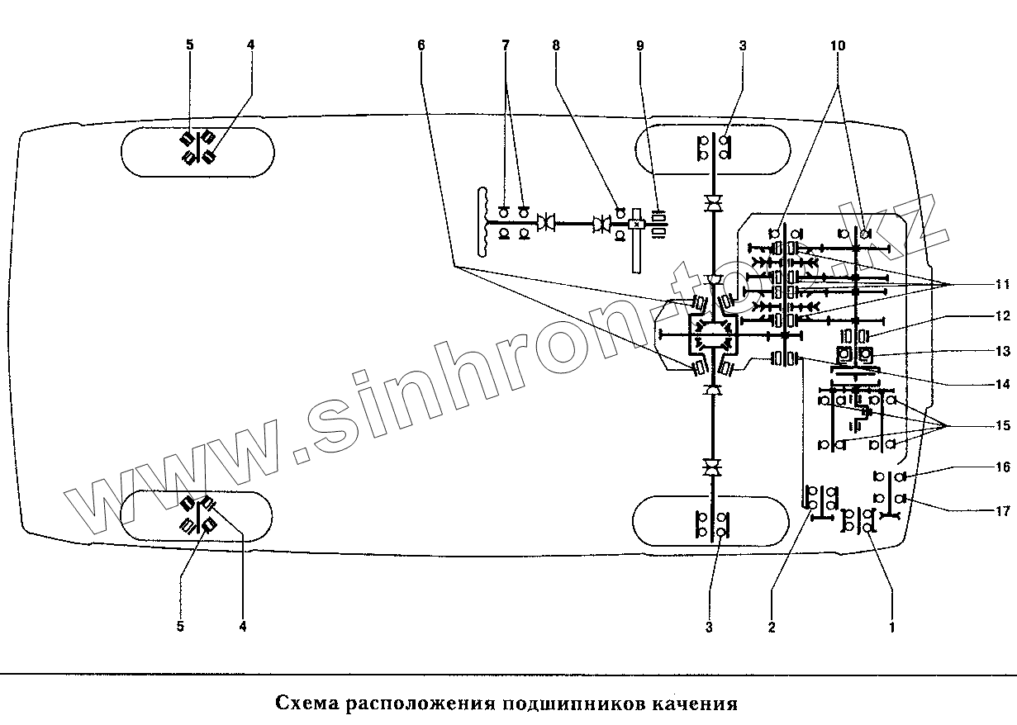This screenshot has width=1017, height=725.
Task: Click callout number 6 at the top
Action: tap(421, 46)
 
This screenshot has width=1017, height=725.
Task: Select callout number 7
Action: tap(506, 46)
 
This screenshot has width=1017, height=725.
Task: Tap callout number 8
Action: tap(556, 46)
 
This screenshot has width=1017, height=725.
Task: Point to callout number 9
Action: tap(639, 46)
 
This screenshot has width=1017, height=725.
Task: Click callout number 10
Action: tap(838, 46)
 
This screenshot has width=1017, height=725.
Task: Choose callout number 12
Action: tap(1002, 315)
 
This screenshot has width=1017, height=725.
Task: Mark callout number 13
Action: tap(1002, 352)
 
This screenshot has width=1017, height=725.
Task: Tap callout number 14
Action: tap(1002, 384)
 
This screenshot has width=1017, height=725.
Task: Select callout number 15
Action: tap(1002, 403)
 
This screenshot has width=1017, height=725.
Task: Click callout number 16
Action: tap(1002, 467)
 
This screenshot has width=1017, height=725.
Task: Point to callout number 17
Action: tap(1002, 512)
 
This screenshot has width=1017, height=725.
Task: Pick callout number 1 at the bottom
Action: tap(891, 627)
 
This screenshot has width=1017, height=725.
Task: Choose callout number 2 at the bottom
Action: tap(772, 627)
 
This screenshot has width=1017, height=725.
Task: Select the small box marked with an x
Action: tap(636, 224)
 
